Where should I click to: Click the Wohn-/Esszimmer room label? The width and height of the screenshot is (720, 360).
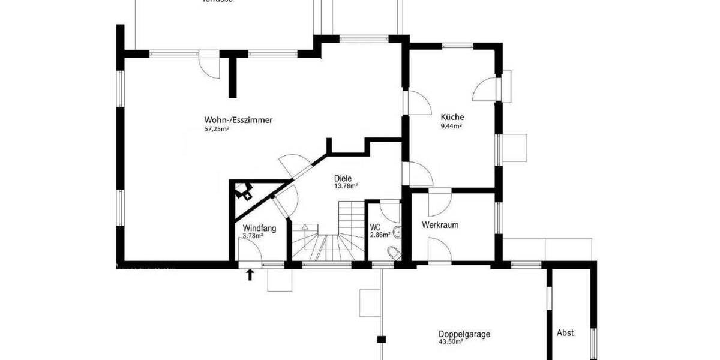pos(238,120)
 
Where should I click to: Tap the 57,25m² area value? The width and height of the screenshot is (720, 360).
pos(218,129)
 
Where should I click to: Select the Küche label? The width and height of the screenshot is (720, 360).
pos(452,117)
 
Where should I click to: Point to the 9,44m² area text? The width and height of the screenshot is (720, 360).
pos(451,126)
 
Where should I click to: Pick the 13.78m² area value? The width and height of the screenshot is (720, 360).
pos(346,186)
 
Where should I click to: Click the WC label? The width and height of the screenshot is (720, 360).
pos(376,228)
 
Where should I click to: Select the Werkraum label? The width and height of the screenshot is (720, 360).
pos(440,226)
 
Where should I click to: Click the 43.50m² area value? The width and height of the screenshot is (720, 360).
pos(451,342)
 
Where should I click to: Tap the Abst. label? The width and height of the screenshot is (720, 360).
pos(566,333)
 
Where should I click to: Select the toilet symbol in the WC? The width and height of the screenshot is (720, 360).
pos(394,253)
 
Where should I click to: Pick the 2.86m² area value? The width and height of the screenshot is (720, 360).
pos(380,235)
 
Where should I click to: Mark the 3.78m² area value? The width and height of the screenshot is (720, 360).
pos(253,236)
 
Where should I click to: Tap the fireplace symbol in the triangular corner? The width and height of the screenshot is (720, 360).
pos(245,191)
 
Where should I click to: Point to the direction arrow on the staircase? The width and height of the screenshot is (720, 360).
pos(305,228)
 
